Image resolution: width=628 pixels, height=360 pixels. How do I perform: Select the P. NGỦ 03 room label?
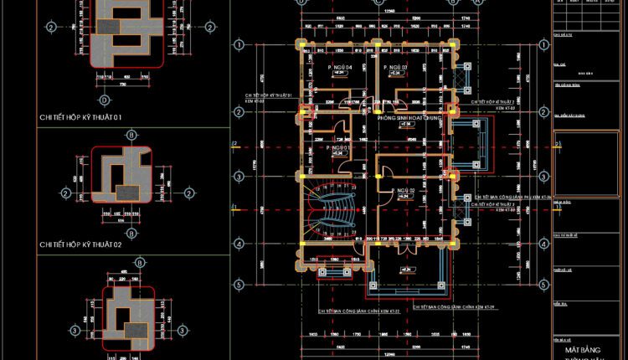(x=395, y=67)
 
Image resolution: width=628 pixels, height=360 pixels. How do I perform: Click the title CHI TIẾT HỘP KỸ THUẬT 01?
(x=80, y=118)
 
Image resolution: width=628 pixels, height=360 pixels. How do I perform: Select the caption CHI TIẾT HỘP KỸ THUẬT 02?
(x=80, y=244)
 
